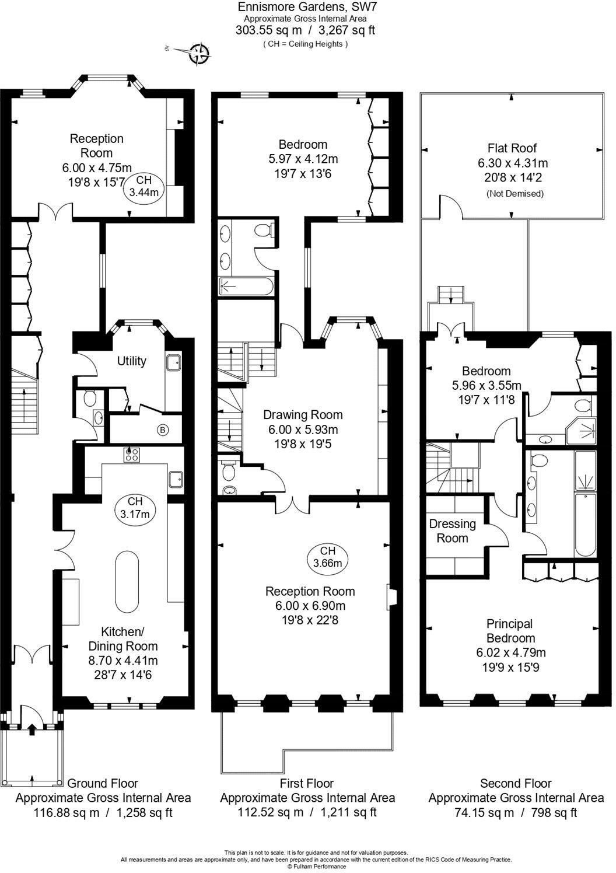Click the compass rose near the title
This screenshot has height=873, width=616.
pos(199,53)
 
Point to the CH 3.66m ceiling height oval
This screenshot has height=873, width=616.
pos(327,557)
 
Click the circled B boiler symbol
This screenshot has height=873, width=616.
pos(163,430)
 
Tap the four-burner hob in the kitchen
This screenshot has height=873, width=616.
pos(131,455)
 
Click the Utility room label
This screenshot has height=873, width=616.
pos(131,361)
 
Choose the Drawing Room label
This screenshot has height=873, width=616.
pos(303,415)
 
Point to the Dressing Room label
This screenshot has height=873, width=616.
pos(452,530)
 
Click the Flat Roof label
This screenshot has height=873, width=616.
pos(512,148)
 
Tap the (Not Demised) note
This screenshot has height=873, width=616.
pos(514,193)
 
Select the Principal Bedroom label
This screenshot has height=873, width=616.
pos(510,631)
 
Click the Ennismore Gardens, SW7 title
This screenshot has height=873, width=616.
pos(302,7)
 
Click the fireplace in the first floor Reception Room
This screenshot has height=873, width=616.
pos(390,598)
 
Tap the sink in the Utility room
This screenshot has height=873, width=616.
pos(173,363)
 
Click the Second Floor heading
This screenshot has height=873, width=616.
pos(515,783)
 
